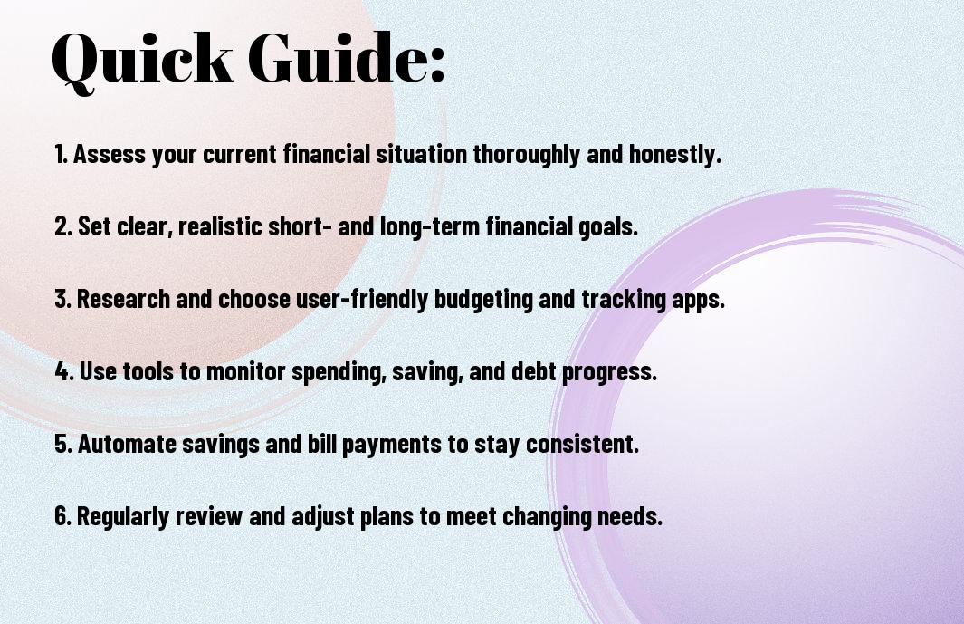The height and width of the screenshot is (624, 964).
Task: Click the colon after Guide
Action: point(436,65)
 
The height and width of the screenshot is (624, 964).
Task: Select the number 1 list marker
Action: point(61,154)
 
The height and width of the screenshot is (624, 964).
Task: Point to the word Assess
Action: point(110,154)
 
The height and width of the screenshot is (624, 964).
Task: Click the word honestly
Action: point(674,155)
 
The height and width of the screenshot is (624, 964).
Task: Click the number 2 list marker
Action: point(63,226)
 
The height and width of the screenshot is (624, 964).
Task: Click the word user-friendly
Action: point(362,300)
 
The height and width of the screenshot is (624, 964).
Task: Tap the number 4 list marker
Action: point(64,371)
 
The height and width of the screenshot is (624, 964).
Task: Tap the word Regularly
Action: point(123,516)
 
